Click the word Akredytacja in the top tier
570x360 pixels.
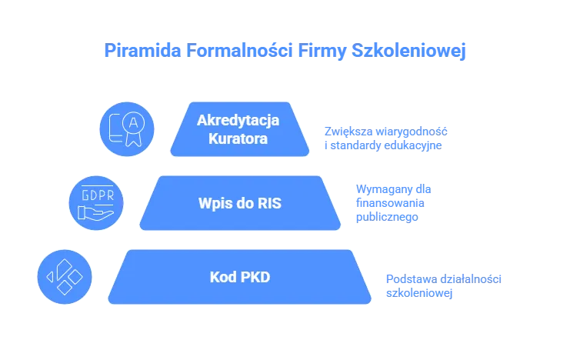tap(238, 120)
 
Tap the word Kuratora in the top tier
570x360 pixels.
tap(238, 139)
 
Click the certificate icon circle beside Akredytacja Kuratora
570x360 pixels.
tap(126, 128)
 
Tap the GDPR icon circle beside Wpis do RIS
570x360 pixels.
tap(95, 202)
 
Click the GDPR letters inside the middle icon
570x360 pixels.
tap(95, 194)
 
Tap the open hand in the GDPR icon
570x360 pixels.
tap(95, 212)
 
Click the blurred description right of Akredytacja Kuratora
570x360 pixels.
tap(385, 137)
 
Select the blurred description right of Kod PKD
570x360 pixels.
tap(442, 285)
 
